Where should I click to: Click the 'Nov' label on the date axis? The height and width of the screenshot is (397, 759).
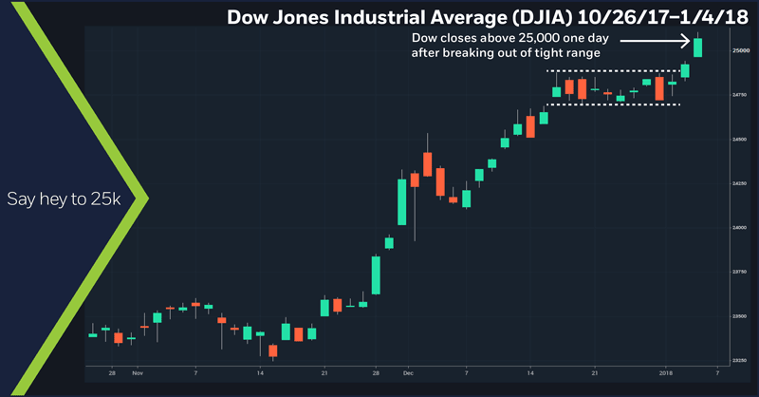(138, 373)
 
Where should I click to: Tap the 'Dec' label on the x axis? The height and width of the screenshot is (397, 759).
(407, 373)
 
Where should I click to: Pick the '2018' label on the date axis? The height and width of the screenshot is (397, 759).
(665, 373)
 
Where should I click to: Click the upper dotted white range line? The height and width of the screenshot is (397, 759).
(613, 71)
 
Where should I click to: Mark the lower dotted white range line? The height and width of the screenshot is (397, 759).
(613, 104)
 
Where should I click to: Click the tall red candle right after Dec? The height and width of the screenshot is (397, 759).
(428, 162)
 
